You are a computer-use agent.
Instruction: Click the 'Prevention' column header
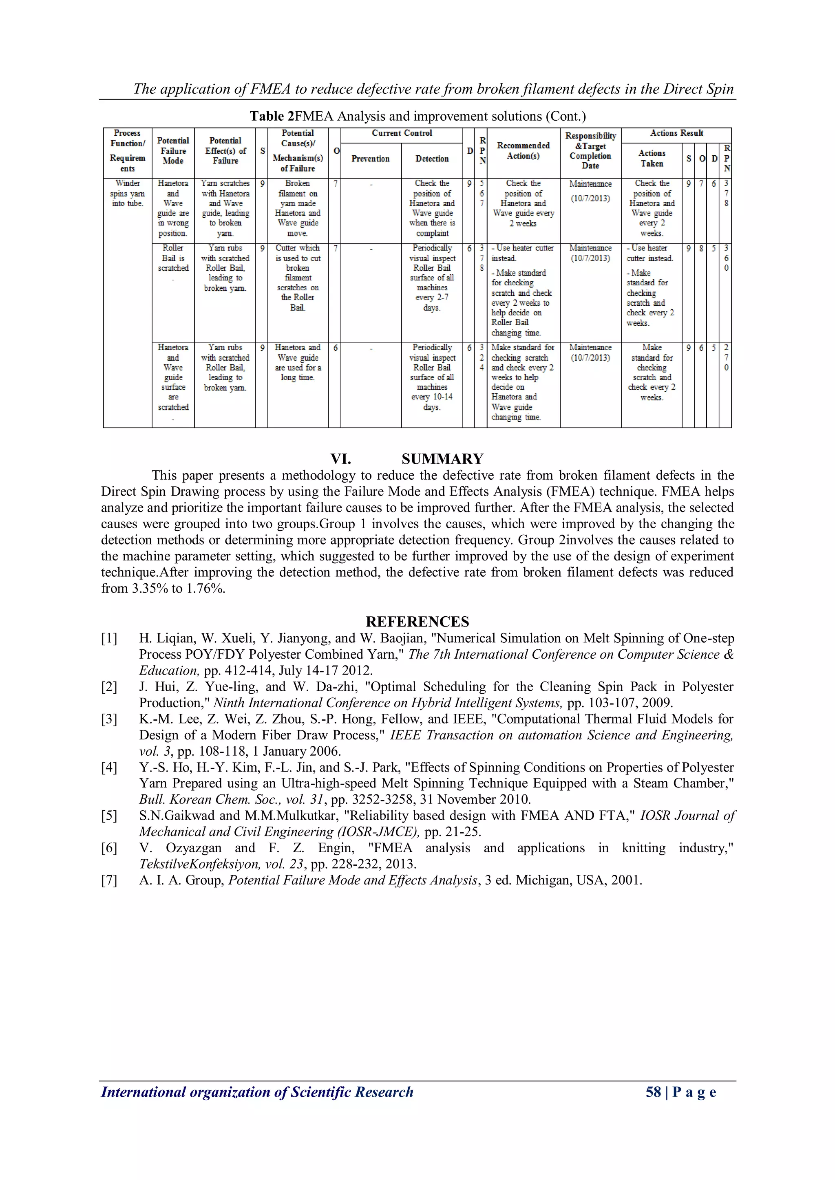(370, 159)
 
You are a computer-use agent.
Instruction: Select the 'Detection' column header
(432, 159)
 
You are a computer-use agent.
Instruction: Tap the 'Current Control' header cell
(402, 133)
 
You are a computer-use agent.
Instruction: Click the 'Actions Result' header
(676, 133)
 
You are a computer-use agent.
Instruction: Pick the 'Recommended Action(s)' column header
(523, 150)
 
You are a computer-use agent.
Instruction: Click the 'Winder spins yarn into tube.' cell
(128, 193)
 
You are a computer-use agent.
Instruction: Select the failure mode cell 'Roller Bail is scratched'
(173, 258)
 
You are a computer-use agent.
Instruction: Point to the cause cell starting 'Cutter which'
(298, 278)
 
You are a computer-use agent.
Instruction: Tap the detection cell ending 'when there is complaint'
(432, 208)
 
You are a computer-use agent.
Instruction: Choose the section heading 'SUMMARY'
(442, 459)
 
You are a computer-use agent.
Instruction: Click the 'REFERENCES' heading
(417, 622)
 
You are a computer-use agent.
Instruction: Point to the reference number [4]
(109, 768)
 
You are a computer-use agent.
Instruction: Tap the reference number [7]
(109, 880)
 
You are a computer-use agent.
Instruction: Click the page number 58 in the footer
(653, 1092)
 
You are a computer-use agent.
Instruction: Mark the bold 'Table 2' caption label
(272, 117)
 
